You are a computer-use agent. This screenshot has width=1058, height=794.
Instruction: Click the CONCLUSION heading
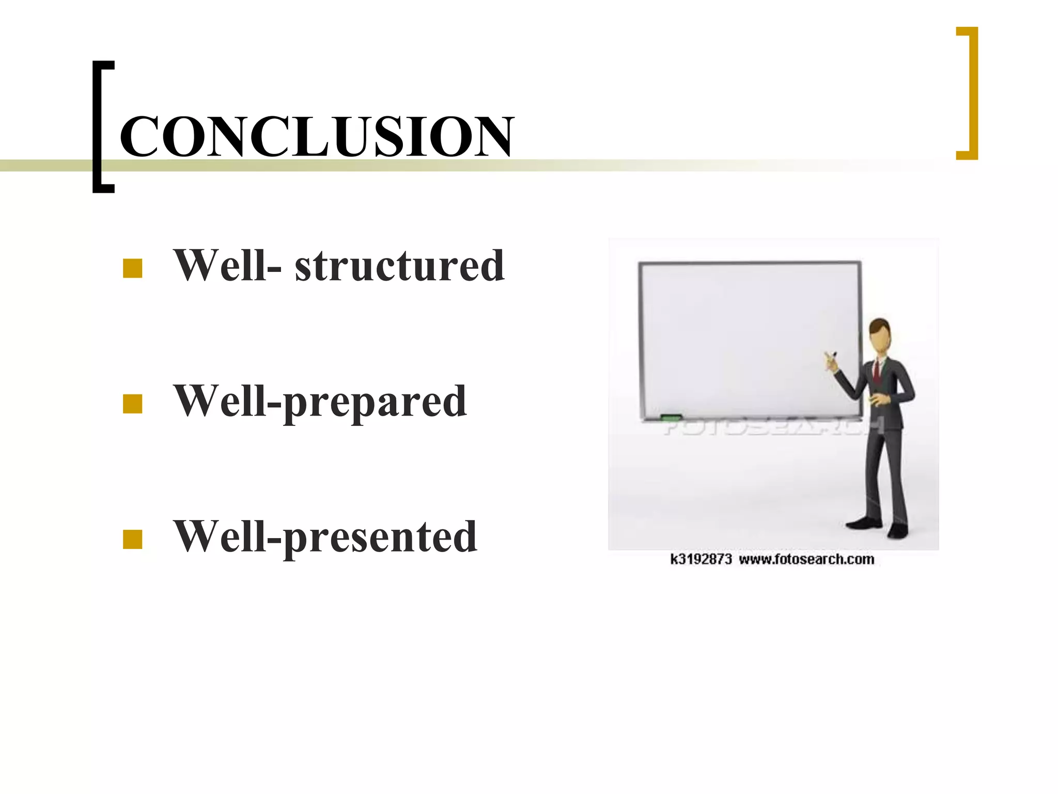pyautogui.click(x=316, y=136)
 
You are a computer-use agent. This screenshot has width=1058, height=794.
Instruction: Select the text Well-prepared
pyautogui.click(x=320, y=402)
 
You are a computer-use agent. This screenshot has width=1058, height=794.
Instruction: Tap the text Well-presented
pyautogui.click(x=325, y=537)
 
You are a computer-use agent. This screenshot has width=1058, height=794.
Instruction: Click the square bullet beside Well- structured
pyautogui.click(x=133, y=268)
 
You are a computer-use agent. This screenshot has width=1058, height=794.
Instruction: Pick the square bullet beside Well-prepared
pyautogui.click(x=133, y=404)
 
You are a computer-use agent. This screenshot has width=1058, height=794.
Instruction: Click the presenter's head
pyautogui.click(x=880, y=337)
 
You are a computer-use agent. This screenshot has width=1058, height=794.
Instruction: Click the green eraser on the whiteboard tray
pyautogui.click(x=671, y=417)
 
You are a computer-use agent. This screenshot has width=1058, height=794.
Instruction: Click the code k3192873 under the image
pyautogui.click(x=701, y=559)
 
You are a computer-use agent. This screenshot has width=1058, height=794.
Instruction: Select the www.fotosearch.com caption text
pyautogui.click(x=806, y=559)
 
